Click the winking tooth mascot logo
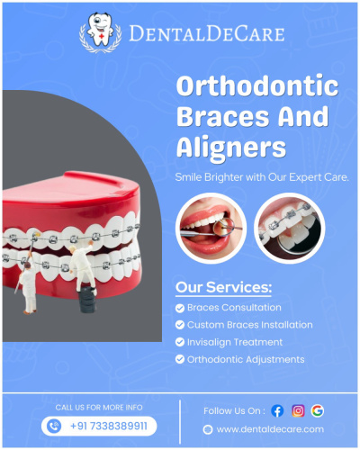[x=100, y=32]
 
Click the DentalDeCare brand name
[x=207, y=33]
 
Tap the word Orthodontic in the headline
[x=257, y=85]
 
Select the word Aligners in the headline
[x=231, y=148]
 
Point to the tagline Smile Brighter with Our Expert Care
[x=262, y=177]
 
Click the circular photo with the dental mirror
[x=211, y=229]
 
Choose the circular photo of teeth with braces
[x=290, y=229]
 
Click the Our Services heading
[x=223, y=287]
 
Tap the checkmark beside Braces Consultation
[x=180, y=308]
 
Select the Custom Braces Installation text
[x=250, y=325]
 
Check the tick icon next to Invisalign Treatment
[x=180, y=342]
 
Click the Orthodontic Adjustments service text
[x=246, y=360]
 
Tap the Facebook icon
[x=277, y=410]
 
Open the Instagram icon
[x=298, y=410]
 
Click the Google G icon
[x=318, y=410]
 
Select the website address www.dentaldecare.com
[x=270, y=429]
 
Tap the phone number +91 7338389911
[x=109, y=426]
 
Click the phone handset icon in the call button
[x=54, y=426]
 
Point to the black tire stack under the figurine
[x=87, y=300]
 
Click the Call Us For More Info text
[x=99, y=408]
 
